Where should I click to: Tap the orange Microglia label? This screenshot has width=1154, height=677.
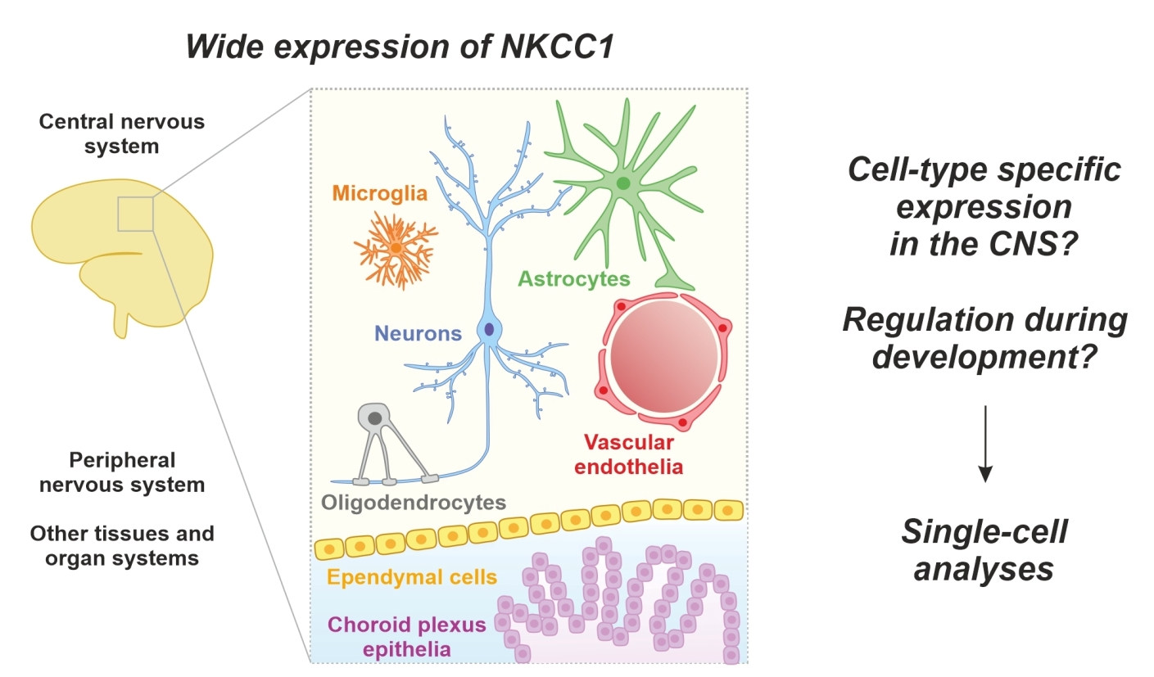[380, 194]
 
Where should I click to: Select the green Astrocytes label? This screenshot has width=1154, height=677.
[574, 278]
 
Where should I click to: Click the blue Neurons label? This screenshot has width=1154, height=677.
[419, 333]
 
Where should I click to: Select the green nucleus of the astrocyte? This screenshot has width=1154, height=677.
[624, 183]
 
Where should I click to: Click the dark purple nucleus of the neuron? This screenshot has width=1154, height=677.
[489, 329]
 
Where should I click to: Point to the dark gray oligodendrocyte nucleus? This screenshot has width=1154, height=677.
[375, 418]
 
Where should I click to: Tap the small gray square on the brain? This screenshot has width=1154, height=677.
[134, 214]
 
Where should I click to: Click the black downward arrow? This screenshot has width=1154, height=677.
[986, 441]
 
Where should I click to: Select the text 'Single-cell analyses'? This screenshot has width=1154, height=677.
[984, 550]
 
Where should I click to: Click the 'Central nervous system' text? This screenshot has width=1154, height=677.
[122, 134]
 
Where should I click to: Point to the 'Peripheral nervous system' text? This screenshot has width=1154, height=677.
[122, 472]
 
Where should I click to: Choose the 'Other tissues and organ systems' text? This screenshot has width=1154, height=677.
[122, 546]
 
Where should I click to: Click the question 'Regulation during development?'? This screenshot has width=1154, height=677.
[984, 338]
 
